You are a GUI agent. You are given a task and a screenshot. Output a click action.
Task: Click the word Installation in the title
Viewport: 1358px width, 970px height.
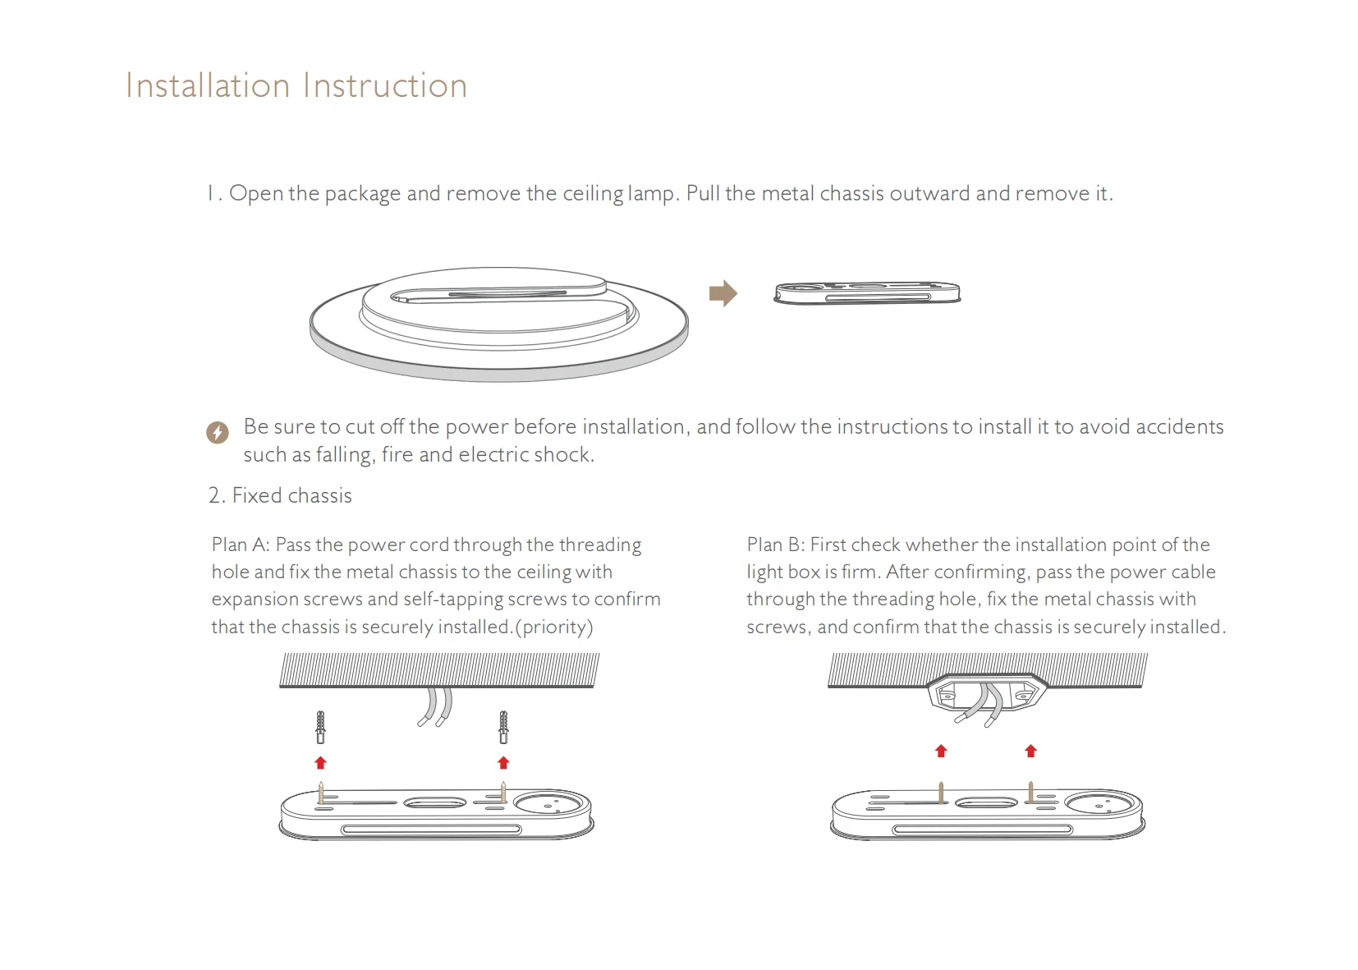(208, 85)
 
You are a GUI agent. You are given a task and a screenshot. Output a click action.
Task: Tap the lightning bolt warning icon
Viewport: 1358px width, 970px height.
(218, 432)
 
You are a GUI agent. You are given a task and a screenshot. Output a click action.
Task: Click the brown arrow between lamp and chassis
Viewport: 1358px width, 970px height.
(723, 293)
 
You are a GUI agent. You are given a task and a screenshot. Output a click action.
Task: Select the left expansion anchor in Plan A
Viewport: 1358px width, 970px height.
(321, 727)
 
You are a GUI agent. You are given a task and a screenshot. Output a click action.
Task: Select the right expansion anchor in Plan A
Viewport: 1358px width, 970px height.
(503, 727)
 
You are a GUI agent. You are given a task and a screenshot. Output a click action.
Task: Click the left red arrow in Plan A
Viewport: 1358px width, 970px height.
(321, 762)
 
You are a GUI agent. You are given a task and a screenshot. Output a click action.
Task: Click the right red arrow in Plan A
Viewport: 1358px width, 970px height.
(503, 762)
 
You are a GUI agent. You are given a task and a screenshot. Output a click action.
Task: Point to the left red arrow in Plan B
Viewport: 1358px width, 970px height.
(942, 751)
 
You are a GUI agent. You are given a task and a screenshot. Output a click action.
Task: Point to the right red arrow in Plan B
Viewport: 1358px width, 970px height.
(1031, 751)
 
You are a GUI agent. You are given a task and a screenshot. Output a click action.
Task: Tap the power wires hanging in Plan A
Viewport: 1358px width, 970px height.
(434, 707)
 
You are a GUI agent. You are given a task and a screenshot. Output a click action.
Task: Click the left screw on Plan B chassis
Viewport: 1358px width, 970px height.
(942, 793)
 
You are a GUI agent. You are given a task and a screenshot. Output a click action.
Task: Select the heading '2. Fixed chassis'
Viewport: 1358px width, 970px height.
(280, 495)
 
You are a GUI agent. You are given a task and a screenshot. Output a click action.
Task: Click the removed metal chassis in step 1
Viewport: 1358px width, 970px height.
(867, 293)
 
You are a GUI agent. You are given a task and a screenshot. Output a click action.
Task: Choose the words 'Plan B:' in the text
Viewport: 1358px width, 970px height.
(775, 545)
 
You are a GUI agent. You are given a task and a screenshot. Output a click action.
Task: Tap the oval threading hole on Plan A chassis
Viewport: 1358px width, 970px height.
(435, 802)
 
